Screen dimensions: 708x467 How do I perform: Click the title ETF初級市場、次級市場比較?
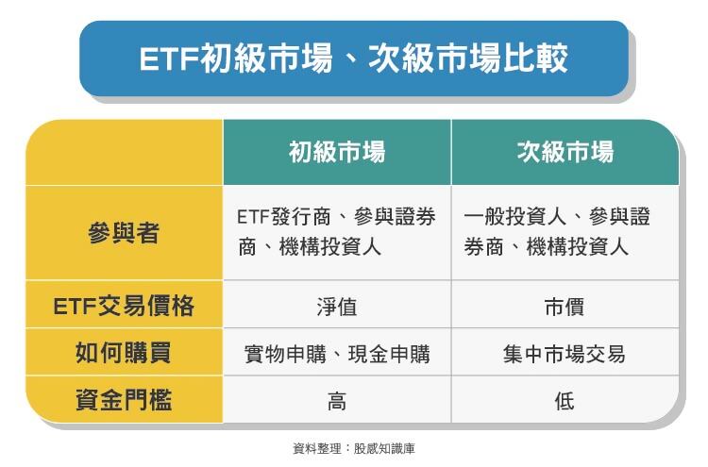coord(353,58)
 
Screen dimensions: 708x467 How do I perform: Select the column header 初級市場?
coord(337,152)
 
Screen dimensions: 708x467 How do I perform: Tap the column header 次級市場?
coord(565,152)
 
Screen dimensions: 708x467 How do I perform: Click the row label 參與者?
coord(124,233)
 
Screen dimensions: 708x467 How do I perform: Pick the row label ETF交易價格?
coord(124,306)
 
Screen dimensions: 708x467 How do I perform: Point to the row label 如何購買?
coord(124,353)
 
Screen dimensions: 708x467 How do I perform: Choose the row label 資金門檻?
coord(124,400)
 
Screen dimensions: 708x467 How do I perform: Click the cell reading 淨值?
coord(337,308)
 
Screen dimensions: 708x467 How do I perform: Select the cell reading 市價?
coord(565,308)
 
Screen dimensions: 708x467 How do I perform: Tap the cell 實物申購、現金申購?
coord(337,354)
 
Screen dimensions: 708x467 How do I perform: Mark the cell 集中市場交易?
coord(565,354)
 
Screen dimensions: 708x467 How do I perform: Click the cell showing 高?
coord(337,401)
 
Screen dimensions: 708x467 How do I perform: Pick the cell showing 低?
coord(565,401)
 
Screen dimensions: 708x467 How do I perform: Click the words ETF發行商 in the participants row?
coord(284,217)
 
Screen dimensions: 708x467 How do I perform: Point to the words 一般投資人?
coord(515,217)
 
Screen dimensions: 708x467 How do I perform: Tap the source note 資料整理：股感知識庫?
coord(354,448)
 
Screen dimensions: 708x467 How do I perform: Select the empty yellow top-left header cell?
coord(125,152)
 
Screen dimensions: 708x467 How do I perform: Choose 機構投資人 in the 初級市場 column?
coord(330,247)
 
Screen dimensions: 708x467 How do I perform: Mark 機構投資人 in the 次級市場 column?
coord(577,247)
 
